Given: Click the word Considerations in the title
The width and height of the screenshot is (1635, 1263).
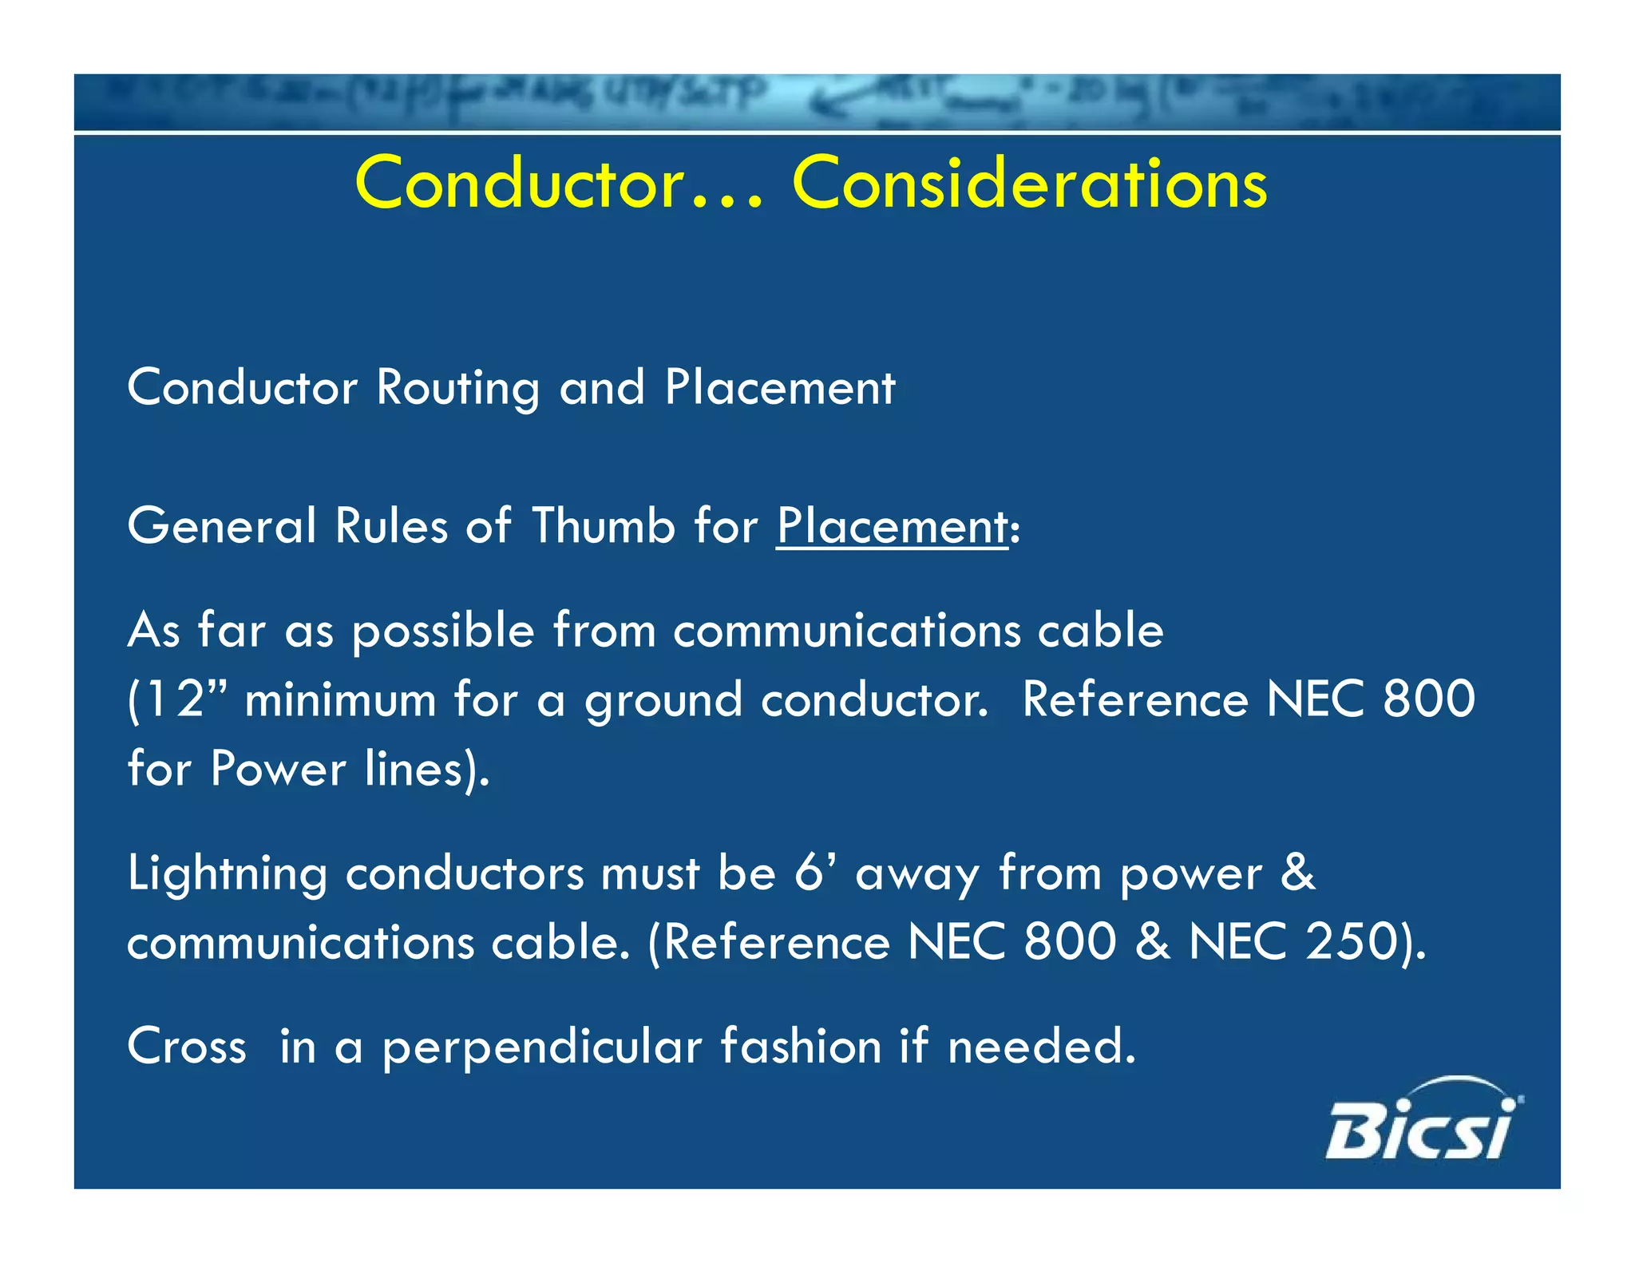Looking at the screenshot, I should pyautogui.click(x=1029, y=184).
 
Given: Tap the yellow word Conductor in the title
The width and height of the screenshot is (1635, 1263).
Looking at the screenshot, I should pyautogui.click(x=519, y=184).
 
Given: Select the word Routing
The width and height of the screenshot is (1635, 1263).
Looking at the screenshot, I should pyautogui.click(x=457, y=388).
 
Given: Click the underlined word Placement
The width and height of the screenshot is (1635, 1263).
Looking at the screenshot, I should pyautogui.click(x=893, y=527).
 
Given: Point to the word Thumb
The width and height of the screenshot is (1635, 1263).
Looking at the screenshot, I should pyautogui.click(x=604, y=526).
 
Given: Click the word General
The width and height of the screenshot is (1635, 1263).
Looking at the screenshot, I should pyautogui.click(x=222, y=526).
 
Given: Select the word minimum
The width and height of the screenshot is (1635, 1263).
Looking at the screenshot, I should pyautogui.click(x=340, y=699).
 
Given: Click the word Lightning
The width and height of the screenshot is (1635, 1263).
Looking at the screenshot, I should pyautogui.click(x=228, y=875).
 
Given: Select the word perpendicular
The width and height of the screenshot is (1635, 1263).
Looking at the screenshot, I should pyautogui.click(x=542, y=1047).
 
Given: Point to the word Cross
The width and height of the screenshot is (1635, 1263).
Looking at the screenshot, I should pyautogui.click(x=187, y=1047).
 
